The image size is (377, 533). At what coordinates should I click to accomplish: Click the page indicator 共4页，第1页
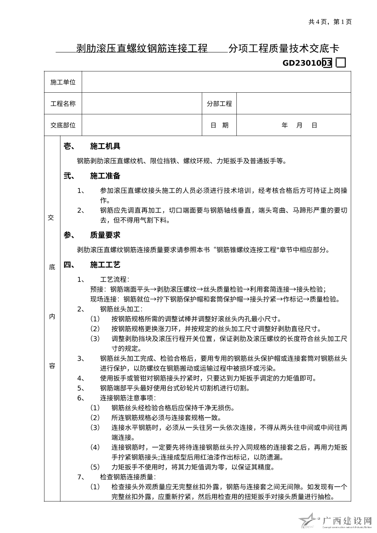330,22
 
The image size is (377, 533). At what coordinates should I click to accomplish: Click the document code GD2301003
307,63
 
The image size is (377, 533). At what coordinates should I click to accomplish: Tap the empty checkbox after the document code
341,63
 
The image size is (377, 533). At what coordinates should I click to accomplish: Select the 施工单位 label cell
63,82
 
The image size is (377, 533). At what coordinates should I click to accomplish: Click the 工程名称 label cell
63,104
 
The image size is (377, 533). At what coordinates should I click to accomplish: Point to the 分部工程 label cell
219,104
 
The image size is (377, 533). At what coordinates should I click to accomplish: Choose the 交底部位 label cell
63,125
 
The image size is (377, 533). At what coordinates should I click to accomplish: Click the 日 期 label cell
219,125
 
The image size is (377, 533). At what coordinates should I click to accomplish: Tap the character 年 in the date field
285,125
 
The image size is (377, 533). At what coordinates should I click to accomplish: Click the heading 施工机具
105,146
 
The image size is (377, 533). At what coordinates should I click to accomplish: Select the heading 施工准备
105,176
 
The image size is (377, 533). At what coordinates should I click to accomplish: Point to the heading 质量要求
105,235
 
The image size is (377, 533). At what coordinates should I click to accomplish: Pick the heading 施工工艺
105,265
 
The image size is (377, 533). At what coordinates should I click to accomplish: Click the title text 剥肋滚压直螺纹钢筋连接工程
142,49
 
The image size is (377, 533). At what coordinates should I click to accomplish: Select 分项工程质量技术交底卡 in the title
284,49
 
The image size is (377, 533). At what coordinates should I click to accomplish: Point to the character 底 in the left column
52,267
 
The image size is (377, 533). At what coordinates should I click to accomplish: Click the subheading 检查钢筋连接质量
127,477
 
